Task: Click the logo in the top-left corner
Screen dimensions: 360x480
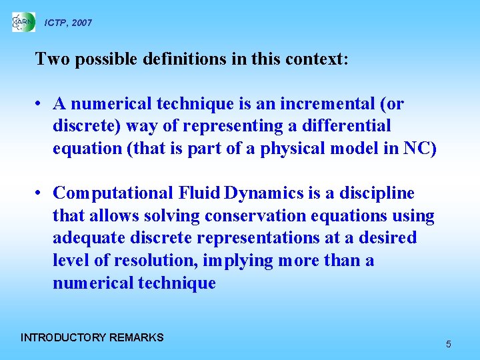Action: click(23, 22)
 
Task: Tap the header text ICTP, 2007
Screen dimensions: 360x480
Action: click(68, 23)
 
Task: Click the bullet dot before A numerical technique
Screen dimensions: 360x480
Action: click(41, 105)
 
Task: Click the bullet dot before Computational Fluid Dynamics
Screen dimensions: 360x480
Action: click(41, 194)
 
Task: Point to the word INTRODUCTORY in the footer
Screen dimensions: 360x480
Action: click(63, 337)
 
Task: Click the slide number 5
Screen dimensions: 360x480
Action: click(449, 344)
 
